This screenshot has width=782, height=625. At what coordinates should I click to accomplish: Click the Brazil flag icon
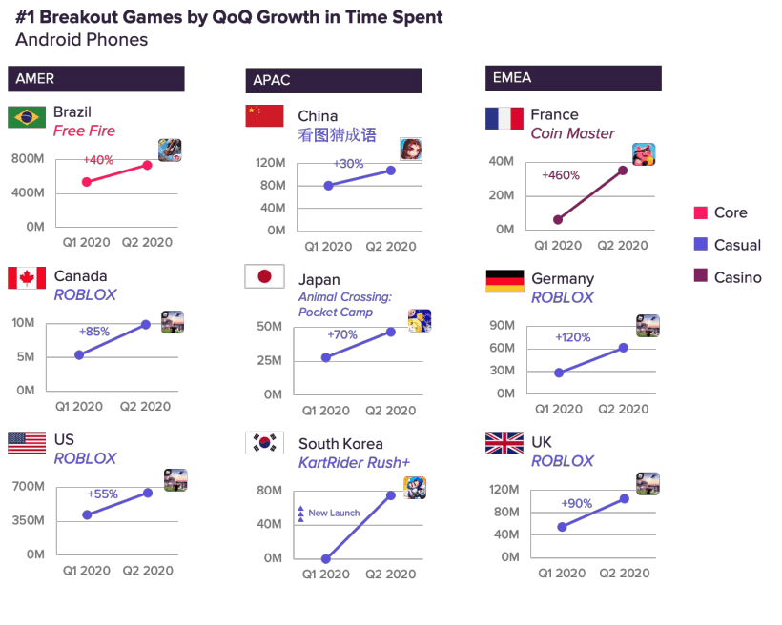click(27, 117)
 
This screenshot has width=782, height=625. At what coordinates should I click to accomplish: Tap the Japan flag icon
click(264, 277)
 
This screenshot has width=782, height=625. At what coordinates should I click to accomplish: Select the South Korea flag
click(264, 442)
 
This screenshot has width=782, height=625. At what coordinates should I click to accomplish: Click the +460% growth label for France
click(561, 175)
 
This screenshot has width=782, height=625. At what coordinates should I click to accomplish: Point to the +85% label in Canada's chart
click(94, 332)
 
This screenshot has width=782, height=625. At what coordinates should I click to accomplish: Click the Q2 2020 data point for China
click(391, 171)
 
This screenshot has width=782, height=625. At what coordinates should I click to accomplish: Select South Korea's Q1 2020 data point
click(327, 559)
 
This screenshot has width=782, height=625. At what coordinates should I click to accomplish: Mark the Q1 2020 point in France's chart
click(558, 220)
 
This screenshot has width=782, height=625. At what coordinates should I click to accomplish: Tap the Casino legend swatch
click(700, 277)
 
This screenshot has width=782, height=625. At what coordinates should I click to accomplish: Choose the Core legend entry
click(730, 212)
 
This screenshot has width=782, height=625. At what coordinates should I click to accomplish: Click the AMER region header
click(95, 79)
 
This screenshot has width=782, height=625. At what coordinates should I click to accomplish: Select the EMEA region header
click(572, 78)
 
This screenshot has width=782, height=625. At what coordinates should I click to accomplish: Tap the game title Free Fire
click(83, 131)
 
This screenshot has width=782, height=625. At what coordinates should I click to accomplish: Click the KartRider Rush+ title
click(354, 462)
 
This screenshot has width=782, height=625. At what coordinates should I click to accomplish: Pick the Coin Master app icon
click(644, 154)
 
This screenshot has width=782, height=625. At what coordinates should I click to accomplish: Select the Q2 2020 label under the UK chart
click(624, 573)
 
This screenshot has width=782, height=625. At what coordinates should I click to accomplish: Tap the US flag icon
click(27, 442)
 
